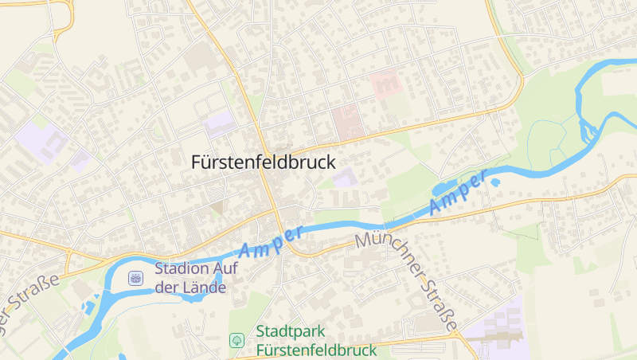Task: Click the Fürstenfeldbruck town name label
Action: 264,161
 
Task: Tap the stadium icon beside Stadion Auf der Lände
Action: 135,277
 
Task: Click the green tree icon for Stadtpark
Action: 236,340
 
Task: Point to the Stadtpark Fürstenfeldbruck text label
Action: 315,340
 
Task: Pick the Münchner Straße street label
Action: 407,278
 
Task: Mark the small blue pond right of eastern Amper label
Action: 494,182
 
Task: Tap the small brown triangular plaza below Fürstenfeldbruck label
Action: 217,207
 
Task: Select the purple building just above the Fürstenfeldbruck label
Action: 219,124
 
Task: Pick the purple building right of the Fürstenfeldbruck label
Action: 345,178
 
